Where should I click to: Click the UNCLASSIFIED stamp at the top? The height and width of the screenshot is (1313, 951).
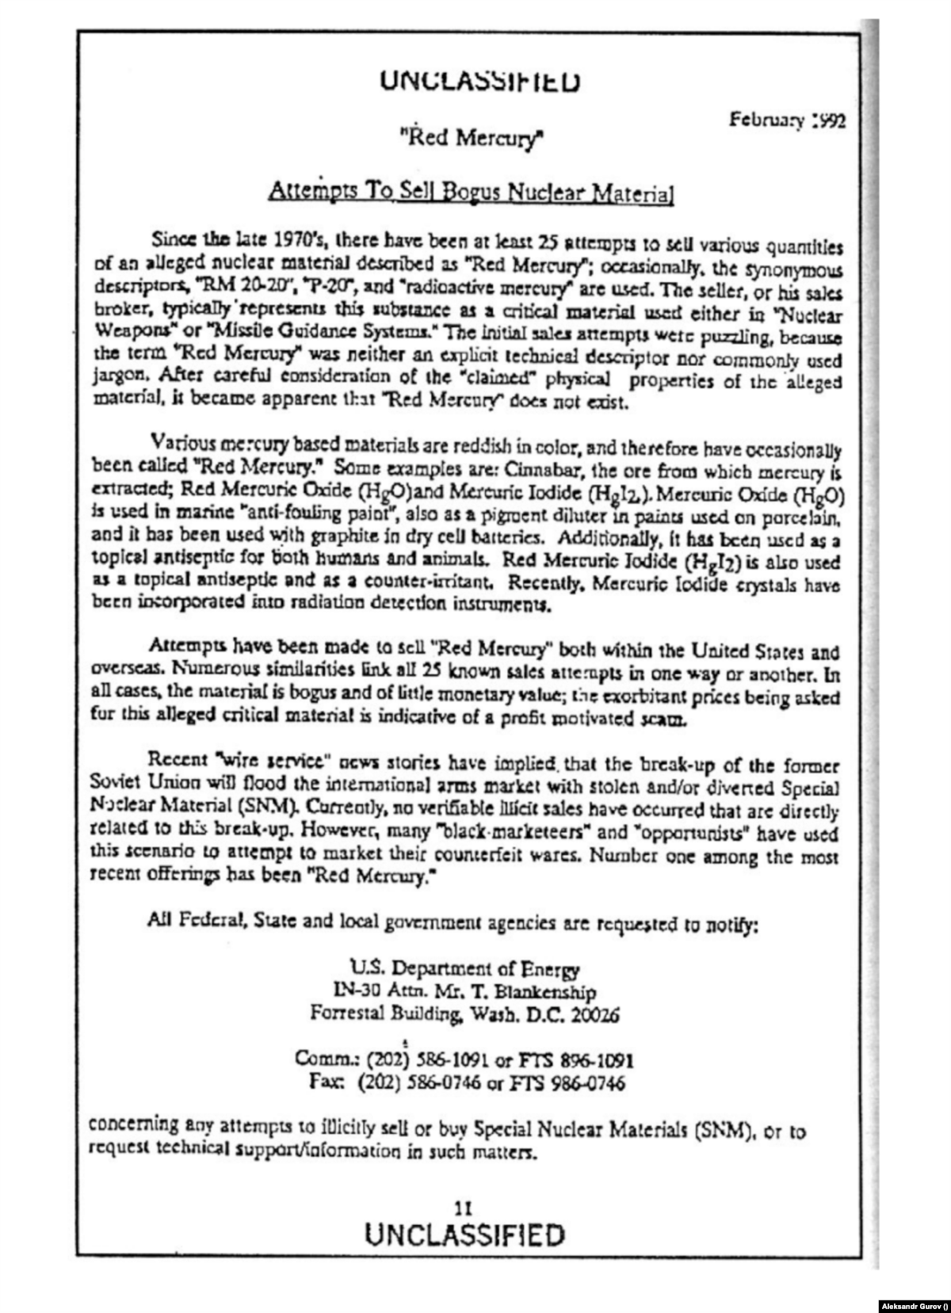coord(479,81)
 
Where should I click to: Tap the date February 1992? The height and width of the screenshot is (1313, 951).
coord(787,120)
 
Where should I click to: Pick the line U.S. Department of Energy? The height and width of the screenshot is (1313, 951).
coord(465,968)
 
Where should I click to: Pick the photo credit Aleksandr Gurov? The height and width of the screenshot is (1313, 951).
coord(911,1304)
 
